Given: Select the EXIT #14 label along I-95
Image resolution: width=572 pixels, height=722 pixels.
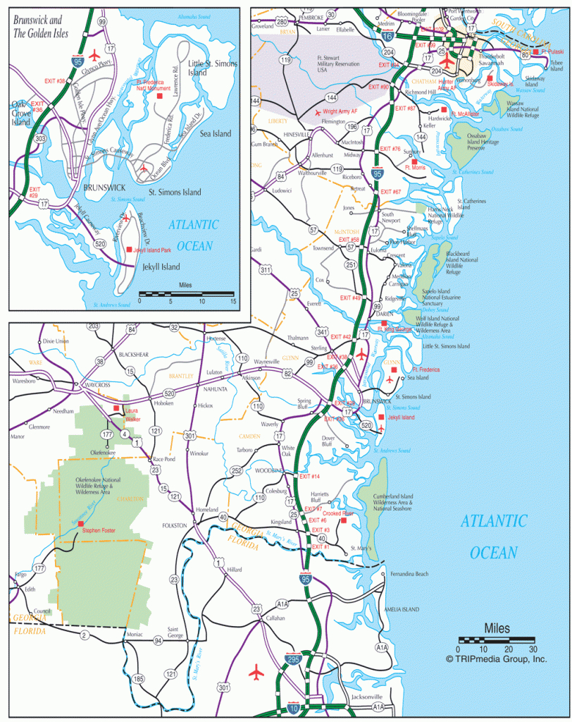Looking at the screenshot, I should [310, 477].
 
